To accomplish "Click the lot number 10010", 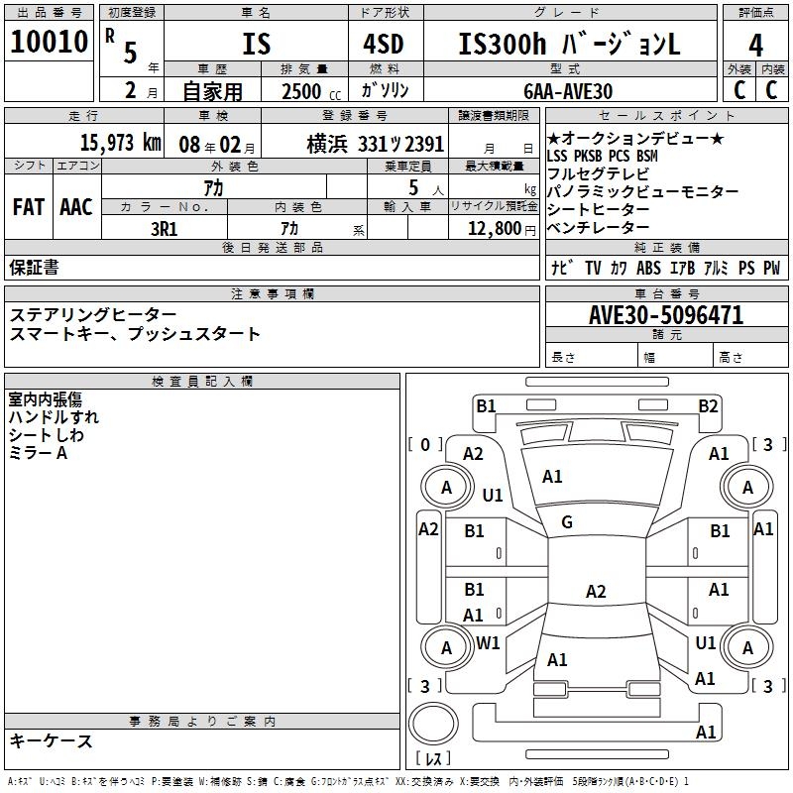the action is point(49,43).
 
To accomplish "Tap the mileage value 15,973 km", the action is point(120,142).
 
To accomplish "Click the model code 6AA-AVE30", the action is point(568,90).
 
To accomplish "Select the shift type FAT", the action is point(28,206).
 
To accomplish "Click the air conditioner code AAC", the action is point(76,206).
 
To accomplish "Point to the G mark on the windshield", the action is point(567,522).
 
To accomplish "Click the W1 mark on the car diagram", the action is point(488,642).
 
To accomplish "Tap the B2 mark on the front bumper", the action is point(708,405).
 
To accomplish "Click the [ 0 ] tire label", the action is point(425,444).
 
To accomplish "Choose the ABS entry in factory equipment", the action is point(648,268).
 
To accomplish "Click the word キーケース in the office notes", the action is point(52,740).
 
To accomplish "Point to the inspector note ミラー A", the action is point(38,453).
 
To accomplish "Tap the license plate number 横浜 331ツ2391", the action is point(361,142).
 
